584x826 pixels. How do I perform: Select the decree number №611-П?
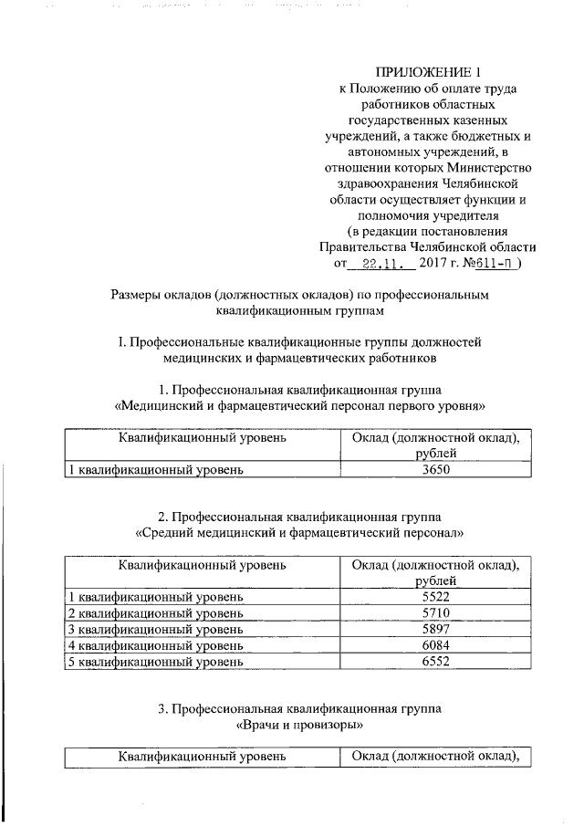point(495,263)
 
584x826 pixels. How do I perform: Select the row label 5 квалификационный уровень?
point(156,662)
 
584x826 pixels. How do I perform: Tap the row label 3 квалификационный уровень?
point(156,629)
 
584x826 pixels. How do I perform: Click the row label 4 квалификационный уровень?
point(156,645)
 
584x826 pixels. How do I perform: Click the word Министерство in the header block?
point(488,168)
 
